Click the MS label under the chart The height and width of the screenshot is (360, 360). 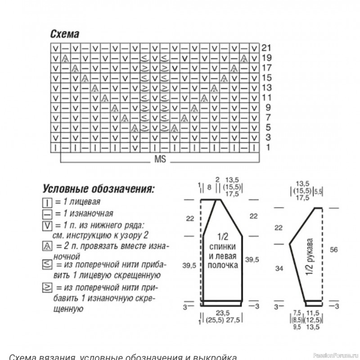[160, 159]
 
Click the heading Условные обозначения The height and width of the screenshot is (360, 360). [99, 187]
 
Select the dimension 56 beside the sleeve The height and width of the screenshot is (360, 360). [333, 249]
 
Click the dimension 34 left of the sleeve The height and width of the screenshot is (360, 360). [279, 269]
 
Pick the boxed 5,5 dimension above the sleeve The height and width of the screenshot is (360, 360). [318, 191]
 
